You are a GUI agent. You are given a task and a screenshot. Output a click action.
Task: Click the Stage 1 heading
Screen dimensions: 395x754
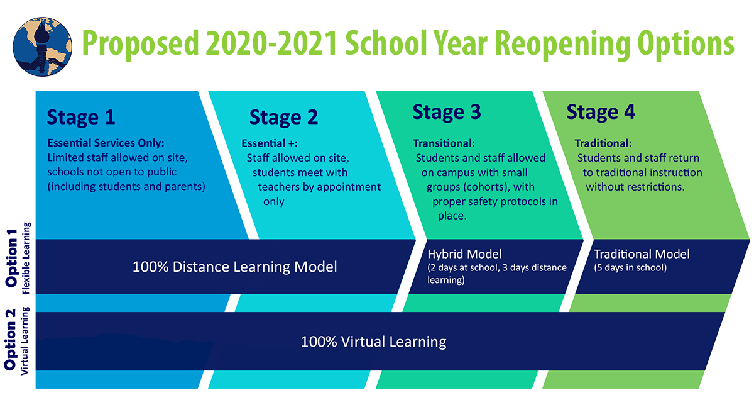click(81, 118)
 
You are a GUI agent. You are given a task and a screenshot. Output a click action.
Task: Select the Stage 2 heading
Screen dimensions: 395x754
click(283, 118)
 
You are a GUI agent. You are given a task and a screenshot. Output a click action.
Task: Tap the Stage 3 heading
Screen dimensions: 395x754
click(447, 113)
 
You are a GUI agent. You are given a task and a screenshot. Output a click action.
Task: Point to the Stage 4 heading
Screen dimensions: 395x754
click(601, 113)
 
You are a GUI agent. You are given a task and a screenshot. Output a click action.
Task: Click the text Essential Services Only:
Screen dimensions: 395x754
click(106, 143)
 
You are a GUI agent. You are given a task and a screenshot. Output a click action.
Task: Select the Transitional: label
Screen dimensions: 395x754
click(444, 143)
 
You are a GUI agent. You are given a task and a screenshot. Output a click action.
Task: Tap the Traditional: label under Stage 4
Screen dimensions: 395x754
click(603, 143)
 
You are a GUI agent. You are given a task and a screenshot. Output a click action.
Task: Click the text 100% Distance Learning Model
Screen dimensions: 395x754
click(234, 267)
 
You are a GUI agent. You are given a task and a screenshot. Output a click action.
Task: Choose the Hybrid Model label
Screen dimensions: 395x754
click(465, 254)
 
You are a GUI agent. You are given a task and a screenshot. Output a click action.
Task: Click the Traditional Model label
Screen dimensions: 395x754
click(642, 254)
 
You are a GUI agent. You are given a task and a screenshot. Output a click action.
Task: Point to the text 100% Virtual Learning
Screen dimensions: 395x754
click(373, 342)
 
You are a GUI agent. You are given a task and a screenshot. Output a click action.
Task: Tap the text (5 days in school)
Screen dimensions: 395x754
click(630, 268)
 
